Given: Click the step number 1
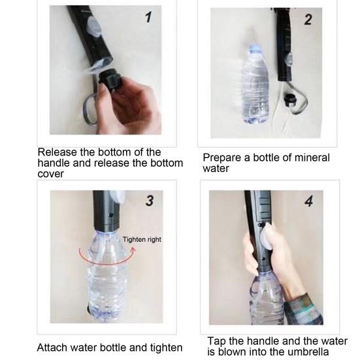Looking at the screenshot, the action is click(148, 17).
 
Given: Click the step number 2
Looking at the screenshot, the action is click(308, 20).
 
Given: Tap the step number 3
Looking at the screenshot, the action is click(150, 201).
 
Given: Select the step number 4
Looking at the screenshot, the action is click(309, 202).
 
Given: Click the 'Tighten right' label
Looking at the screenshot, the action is click(142, 240).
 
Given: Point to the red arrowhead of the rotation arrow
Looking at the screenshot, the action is click(132, 250).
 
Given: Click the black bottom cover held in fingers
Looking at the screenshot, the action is click(109, 80).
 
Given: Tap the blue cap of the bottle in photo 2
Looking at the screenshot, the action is click(255, 48).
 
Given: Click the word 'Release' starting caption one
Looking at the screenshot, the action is click(57, 152).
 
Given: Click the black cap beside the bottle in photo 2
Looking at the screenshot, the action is click(289, 100).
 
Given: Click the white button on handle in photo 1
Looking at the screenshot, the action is click(94, 27).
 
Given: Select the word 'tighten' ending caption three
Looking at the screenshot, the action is click(166, 348).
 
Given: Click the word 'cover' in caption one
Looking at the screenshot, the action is click(50, 174).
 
